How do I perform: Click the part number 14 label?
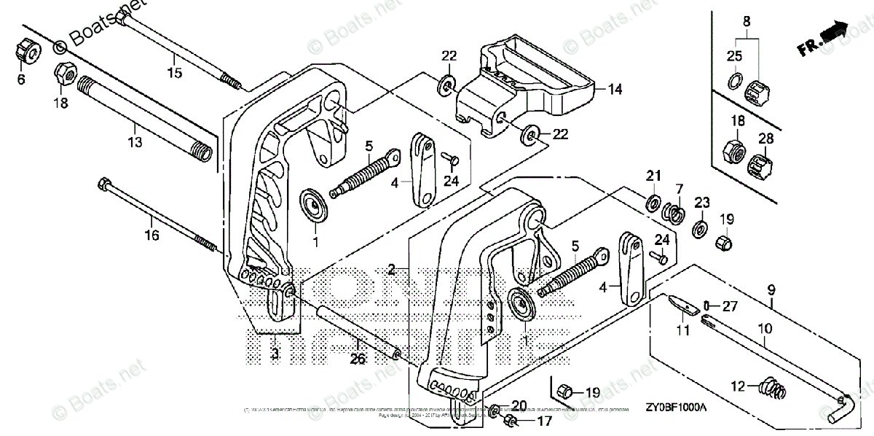click(x=615, y=90)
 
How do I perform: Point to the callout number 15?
click(x=174, y=72)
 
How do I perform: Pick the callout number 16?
click(x=151, y=235)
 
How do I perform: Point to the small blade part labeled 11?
click(x=680, y=304)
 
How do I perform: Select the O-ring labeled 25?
click(x=736, y=79)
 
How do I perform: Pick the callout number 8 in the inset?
click(x=746, y=22)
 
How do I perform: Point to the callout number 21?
click(x=653, y=175)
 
